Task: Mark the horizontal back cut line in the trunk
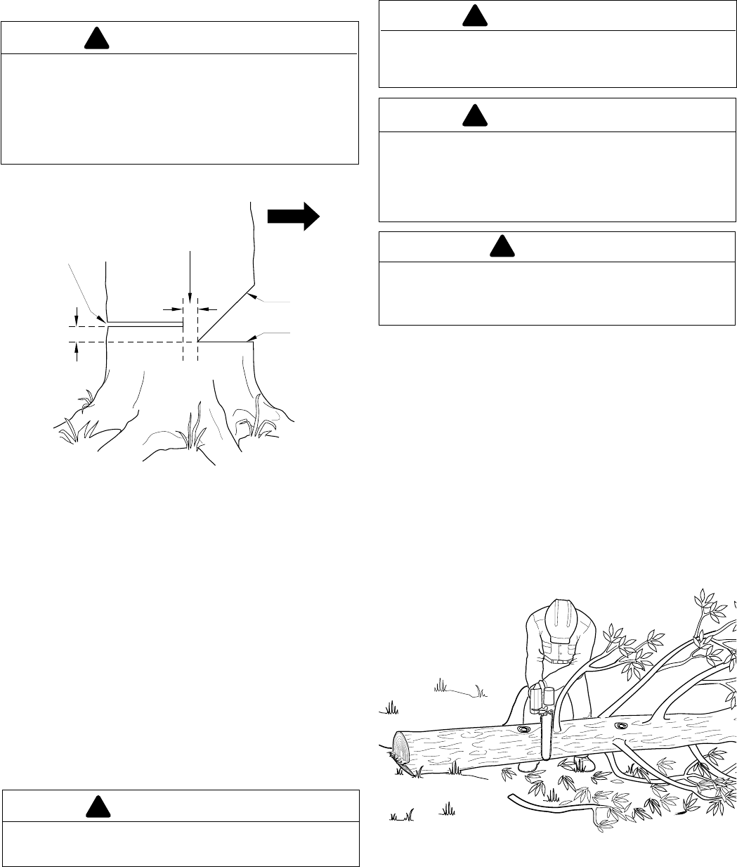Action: pyautogui.click(x=144, y=324)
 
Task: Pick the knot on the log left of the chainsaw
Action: pyautogui.click(x=523, y=730)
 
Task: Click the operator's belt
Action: pyautogui.click(x=561, y=660)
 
